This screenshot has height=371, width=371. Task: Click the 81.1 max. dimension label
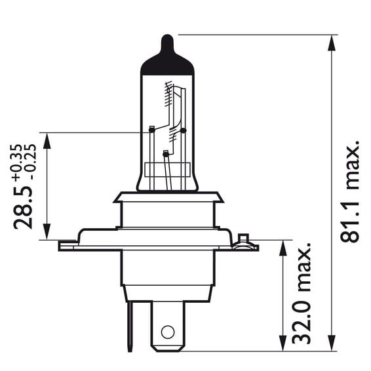pos(350,192)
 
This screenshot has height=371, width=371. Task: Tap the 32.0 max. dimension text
pos(301,294)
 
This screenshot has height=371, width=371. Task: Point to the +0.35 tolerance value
pos(18,163)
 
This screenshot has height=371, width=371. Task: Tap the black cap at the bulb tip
pos(167,57)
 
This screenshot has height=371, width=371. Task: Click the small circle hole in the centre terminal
pos(168,332)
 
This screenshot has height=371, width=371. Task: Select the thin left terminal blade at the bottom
pos(130,326)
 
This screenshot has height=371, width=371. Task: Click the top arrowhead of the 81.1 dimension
pos(332,43)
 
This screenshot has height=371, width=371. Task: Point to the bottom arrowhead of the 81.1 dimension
pos(332,343)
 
